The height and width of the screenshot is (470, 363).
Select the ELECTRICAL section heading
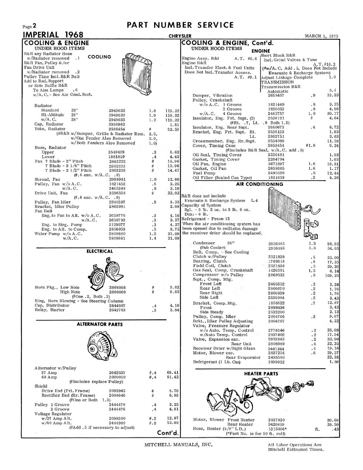(100, 251)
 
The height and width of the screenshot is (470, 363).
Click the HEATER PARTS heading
(261, 374)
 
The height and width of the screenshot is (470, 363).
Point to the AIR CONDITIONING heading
(260, 184)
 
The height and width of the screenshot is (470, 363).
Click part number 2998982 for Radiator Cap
(117, 125)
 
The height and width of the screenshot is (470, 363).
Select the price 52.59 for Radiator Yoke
(173, 129)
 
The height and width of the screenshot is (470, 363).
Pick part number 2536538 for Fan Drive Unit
(117, 193)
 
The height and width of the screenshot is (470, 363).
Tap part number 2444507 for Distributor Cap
(117, 305)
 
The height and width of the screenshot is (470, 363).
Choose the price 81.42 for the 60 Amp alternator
(173, 377)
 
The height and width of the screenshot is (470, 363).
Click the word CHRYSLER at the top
(180, 36)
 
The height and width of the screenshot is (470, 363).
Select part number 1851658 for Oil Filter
(276, 178)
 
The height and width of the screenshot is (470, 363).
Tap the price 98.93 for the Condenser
(333, 244)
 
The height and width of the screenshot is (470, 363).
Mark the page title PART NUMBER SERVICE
(180, 25)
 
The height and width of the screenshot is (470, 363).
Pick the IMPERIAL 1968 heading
(53, 35)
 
